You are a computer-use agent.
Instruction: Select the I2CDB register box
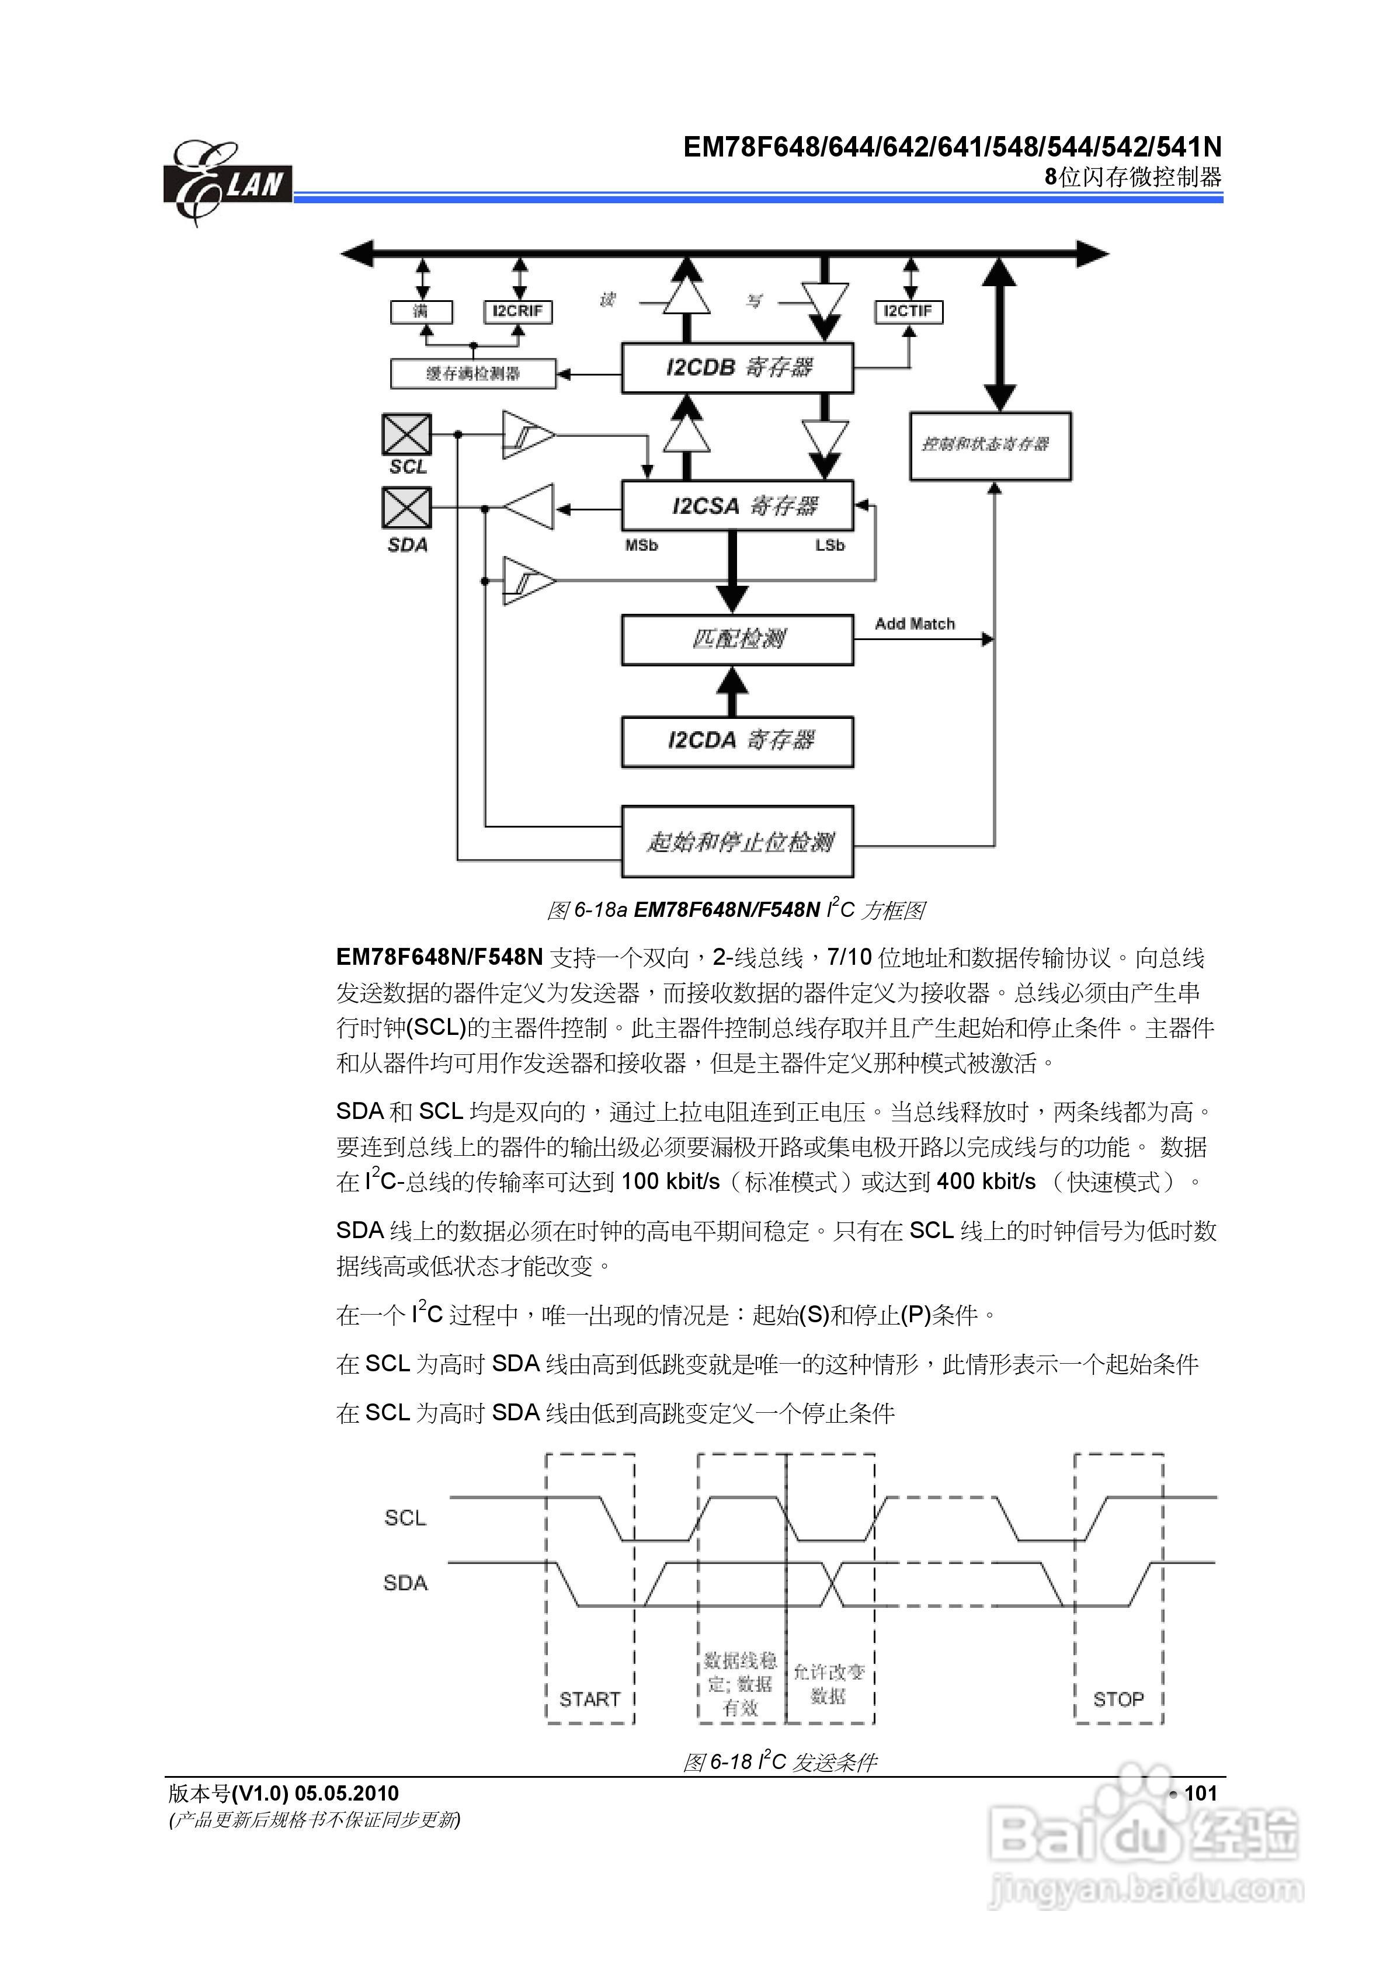click(737, 369)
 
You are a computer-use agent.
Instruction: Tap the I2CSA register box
click(737, 505)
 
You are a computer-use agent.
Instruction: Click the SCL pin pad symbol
click(406, 435)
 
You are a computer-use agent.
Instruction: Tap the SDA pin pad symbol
click(406, 508)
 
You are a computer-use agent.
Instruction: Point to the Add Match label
click(915, 624)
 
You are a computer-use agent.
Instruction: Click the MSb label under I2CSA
click(641, 545)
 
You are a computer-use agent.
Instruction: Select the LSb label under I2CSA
click(829, 545)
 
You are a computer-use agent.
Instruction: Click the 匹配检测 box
click(737, 639)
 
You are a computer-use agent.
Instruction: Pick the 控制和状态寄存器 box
click(990, 446)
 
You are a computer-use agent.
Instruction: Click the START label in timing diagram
click(590, 1699)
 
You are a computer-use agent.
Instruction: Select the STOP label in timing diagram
click(1118, 1699)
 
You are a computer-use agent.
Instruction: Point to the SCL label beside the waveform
click(405, 1518)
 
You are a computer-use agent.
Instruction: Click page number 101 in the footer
click(1200, 1793)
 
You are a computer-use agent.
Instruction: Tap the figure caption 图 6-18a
click(735, 910)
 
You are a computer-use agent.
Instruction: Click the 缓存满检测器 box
click(473, 374)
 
